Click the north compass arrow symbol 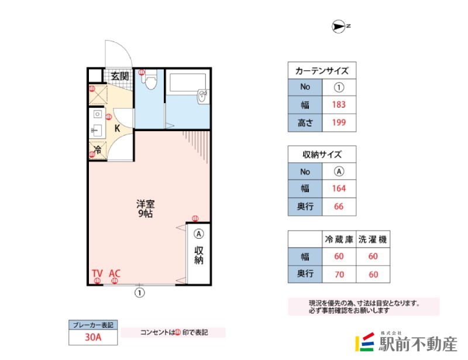339,26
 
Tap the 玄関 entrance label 120,76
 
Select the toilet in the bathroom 151,80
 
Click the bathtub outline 187,82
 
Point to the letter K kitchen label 118,128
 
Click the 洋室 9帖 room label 145,208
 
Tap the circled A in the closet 199,234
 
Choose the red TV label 97,273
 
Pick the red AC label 115,273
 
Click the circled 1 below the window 140,293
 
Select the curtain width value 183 339,105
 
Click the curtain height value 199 339,122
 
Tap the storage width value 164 339,188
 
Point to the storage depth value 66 339,207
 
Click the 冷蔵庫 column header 339,239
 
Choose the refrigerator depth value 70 339,275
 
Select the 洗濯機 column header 373,239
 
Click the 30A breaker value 93,337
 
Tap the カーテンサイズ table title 322,71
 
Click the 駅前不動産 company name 418,344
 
